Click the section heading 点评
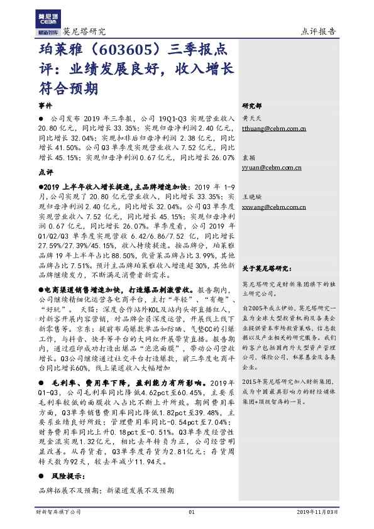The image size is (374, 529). point(46,172)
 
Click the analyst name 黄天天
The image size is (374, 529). point(252,117)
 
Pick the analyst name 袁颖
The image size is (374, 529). point(248,158)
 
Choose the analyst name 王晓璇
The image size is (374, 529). point(252,196)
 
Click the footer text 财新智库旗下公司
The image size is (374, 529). point(58,513)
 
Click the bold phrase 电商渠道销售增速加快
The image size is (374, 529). point(78,292)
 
